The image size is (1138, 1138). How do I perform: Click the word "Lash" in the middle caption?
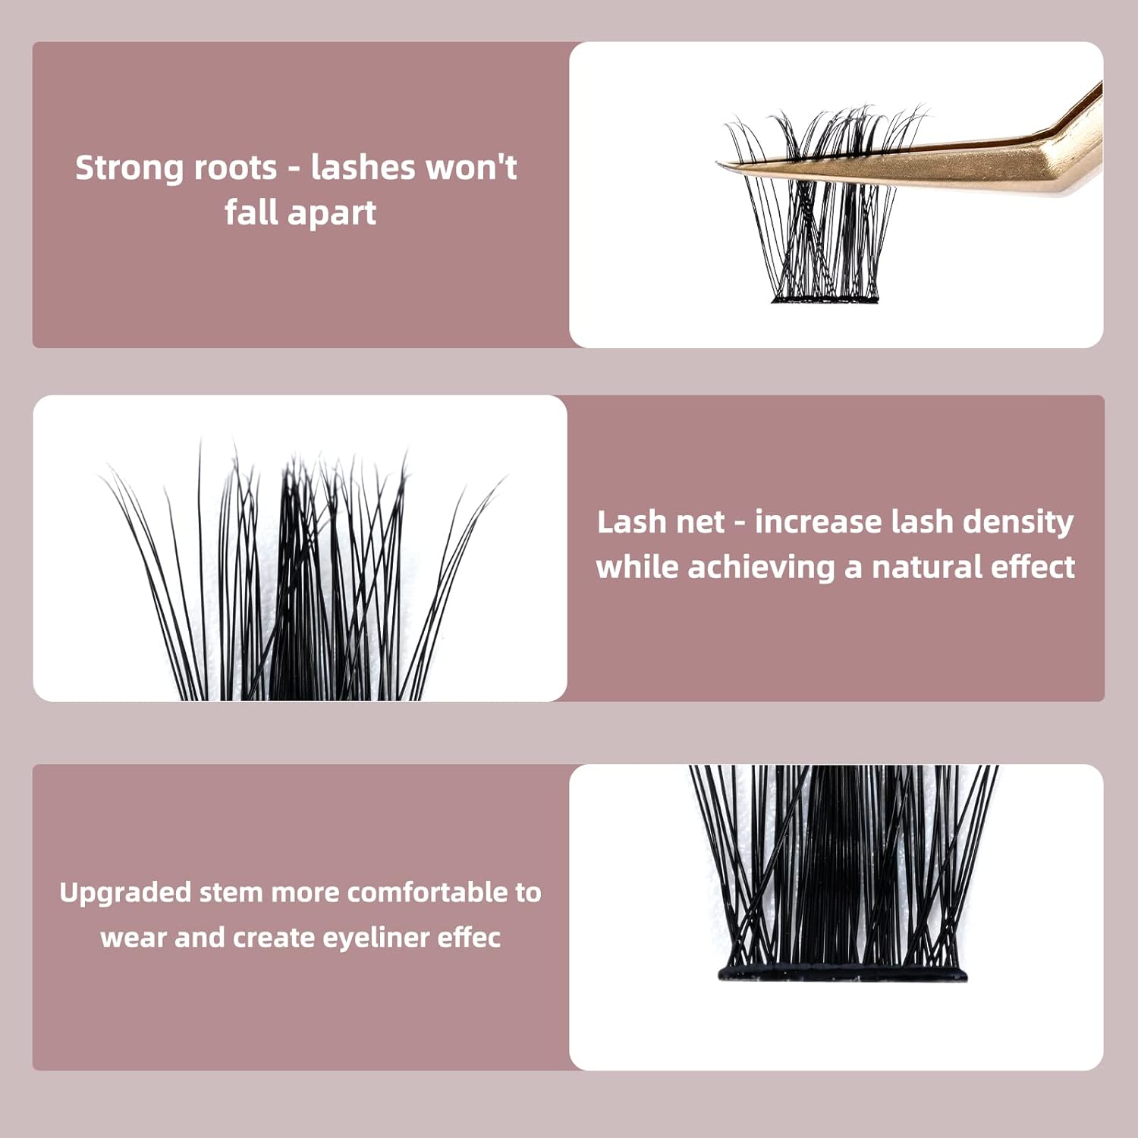(x=622, y=522)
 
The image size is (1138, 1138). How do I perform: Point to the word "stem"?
(x=231, y=892)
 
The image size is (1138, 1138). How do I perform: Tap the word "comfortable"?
(x=428, y=892)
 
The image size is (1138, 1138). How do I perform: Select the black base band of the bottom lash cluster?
(x=842, y=973)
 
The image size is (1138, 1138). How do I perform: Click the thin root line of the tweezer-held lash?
(x=825, y=300)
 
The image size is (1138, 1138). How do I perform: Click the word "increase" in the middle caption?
(x=816, y=522)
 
